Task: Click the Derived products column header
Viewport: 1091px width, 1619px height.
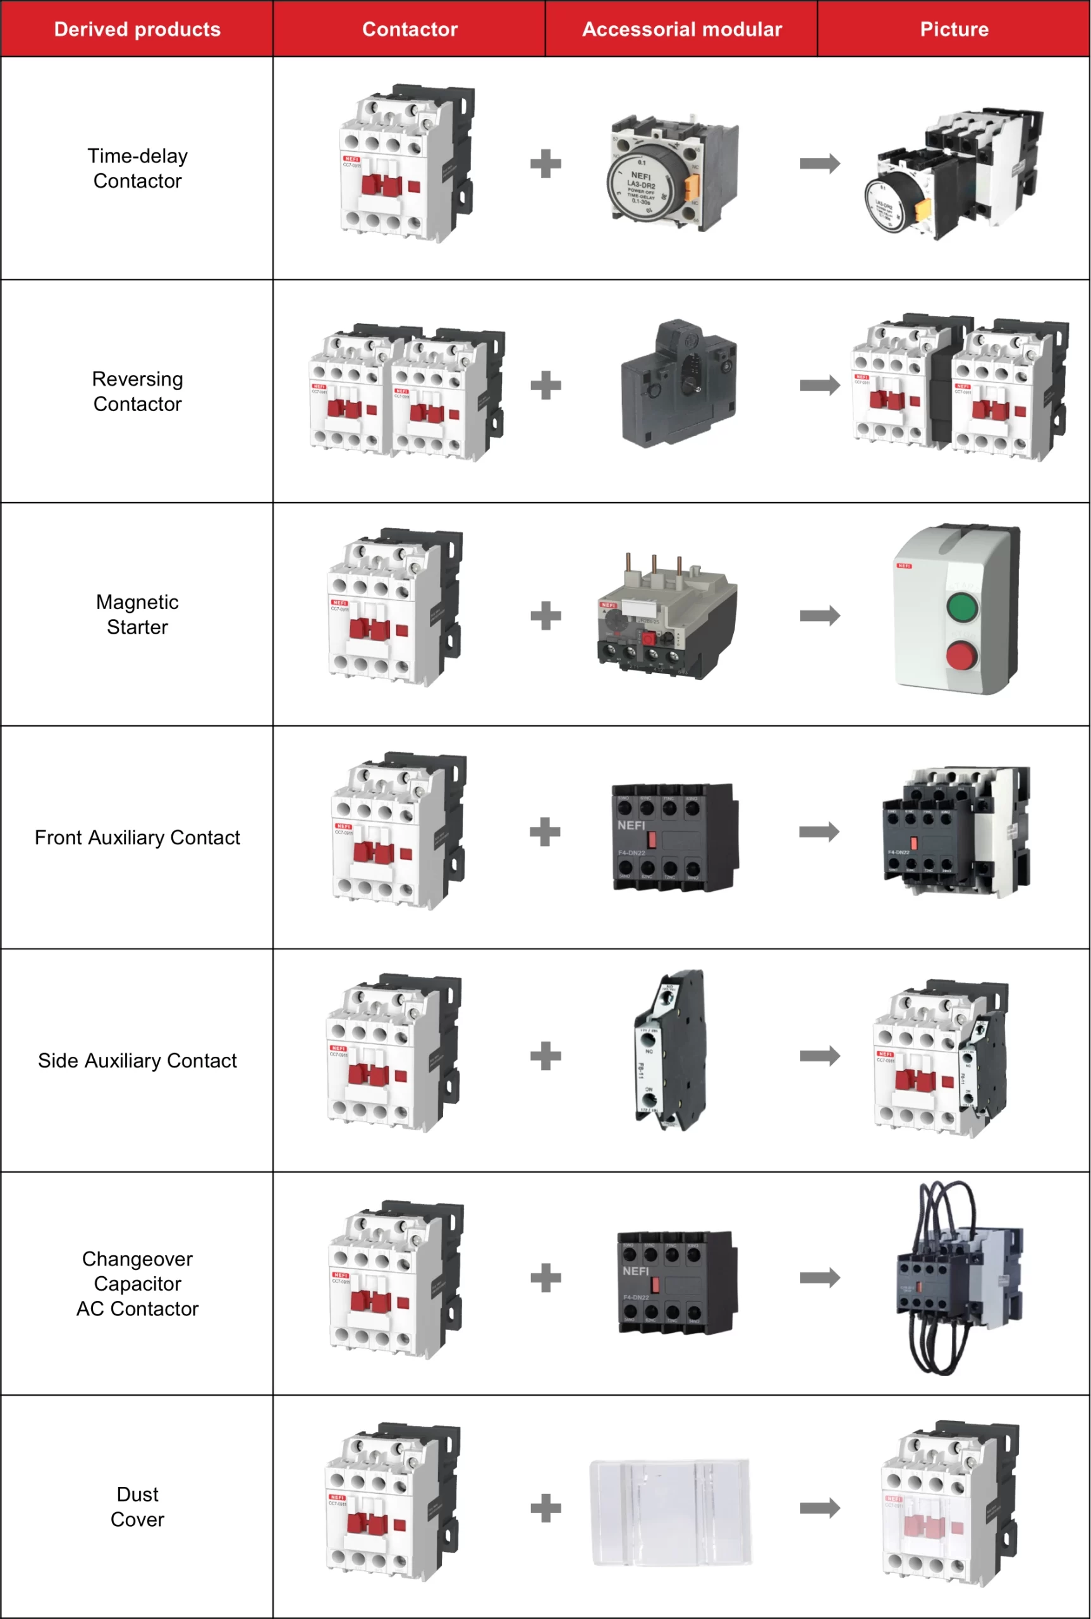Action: pyautogui.click(x=137, y=29)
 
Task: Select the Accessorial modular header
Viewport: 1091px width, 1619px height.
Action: pyautogui.click(x=681, y=29)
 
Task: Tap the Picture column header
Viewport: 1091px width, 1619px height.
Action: pyautogui.click(x=953, y=29)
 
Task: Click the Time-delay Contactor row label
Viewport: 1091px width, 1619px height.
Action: pyautogui.click(x=137, y=168)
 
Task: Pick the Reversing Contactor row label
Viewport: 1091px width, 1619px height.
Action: pyautogui.click(x=137, y=391)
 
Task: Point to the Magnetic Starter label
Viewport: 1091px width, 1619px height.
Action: pyautogui.click(x=137, y=614)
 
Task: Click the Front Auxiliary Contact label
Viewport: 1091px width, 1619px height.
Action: pyautogui.click(x=137, y=837)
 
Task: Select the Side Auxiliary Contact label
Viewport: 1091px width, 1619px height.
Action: pyautogui.click(x=137, y=1060)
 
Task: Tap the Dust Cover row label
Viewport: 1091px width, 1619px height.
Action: pyautogui.click(x=137, y=1506)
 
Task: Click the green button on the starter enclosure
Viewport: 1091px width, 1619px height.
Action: pyautogui.click(x=962, y=606)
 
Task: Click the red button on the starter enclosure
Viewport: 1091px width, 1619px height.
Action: pyautogui.click(x=961, y=656)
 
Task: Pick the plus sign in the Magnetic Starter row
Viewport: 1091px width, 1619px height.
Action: pyautogui.click(x=545, y=615)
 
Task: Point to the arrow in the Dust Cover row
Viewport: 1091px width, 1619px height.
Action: pyautogui.click(x=820, y=1508)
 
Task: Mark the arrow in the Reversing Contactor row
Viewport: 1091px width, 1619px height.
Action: pyautogui.click(x=820, y=385)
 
